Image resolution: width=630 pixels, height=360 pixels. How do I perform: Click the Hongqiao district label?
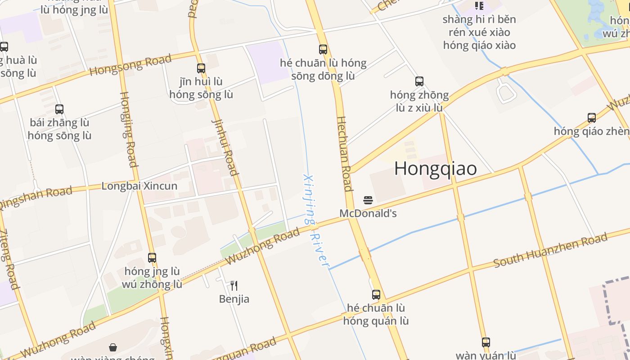435,168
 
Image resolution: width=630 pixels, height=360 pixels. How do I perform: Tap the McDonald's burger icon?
368,200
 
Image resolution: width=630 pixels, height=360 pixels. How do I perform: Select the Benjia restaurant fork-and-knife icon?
234,285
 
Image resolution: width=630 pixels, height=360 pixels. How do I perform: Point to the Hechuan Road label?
344,154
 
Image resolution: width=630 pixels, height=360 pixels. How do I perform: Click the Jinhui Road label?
224,147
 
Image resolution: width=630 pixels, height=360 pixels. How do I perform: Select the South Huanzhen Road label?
550,250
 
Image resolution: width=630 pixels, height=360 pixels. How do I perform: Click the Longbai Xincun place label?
139,186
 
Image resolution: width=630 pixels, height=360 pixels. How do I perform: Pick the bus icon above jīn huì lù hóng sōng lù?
201,68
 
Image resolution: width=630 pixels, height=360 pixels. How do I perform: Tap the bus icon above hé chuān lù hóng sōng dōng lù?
323,49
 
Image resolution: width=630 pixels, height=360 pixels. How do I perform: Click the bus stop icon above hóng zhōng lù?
419,81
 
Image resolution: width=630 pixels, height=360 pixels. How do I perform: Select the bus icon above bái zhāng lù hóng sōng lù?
59,109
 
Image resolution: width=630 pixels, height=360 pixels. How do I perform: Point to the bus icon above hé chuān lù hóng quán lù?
376,295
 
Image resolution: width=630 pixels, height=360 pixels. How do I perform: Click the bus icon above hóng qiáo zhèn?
592,118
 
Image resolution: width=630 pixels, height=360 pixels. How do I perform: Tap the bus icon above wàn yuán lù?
486,342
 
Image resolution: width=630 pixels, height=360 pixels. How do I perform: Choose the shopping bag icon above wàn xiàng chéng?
113,347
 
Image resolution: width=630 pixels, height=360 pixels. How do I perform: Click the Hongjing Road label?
128,129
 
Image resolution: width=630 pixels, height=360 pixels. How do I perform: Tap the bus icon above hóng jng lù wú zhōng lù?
152,258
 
